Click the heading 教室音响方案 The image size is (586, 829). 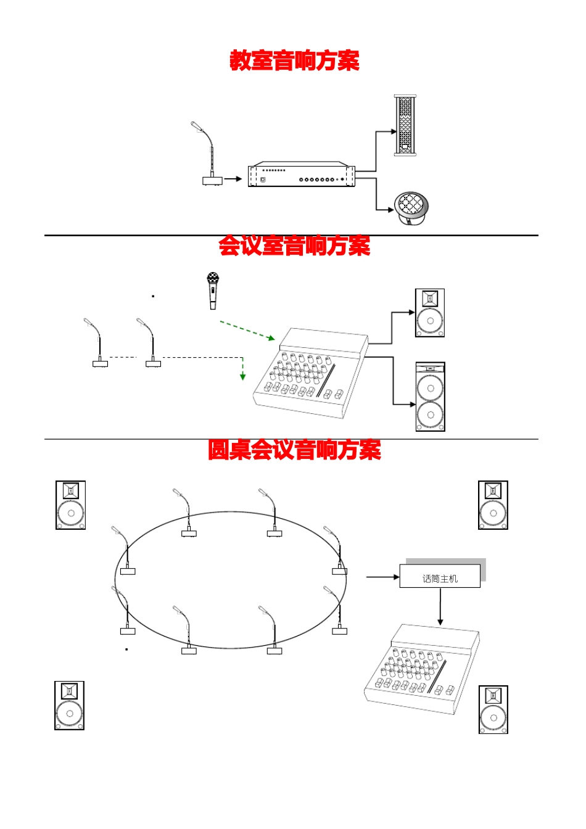[294, 61]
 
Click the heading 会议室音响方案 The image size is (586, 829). [294, 246]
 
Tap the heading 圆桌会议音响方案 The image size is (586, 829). [294, 450]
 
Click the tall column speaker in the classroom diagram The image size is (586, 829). [405, 125]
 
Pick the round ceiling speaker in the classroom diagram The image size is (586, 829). [411, 208]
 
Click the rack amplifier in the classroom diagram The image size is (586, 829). [302, 175]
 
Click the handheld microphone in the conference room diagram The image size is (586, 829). [213, 291]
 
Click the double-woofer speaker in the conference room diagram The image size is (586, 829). [430, 397]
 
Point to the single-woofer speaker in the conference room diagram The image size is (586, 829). [430, 313]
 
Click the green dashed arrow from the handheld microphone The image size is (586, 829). [247, 331]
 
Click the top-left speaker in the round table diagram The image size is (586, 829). [70, 505]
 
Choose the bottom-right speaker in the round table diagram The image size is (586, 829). [493, 709]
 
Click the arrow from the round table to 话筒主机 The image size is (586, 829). [382, 577]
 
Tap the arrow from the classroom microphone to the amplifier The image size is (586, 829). [233, 179]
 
